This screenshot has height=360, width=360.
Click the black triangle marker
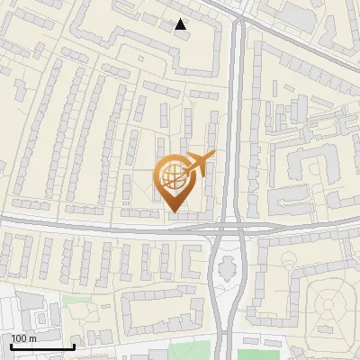coord(181,25)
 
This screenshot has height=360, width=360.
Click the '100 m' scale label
coord(24,338)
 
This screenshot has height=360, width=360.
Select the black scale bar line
coord(41,346)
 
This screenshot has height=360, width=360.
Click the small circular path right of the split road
coord(290,263)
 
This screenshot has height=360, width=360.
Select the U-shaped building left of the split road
coord(193,262)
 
